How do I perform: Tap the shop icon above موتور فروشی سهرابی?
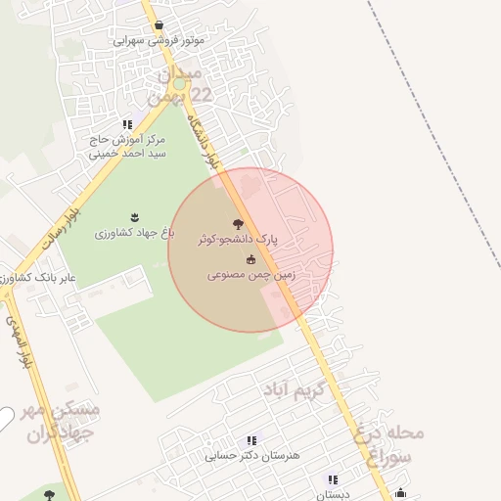tap(159, 25)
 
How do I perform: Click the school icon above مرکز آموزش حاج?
tap(127, 124)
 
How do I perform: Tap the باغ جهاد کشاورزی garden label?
tap(134, 233)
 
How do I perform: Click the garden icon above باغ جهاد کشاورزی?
tap(134, 217)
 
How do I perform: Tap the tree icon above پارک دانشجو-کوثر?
tap(238, 224)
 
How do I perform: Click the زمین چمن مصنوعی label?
tap(251, 276)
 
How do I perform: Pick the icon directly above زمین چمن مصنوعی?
tap(251, 259)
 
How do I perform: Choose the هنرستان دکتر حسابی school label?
tap(254, 456)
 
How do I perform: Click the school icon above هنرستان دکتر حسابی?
tap(251, 441)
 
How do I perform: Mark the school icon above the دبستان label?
tap(333, 480)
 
